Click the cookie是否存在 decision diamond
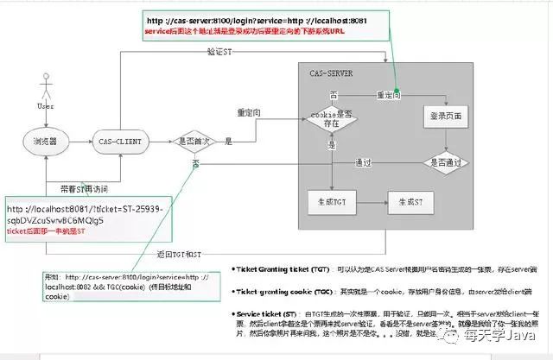click(x=332, y=118)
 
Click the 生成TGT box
click(x=332, y=202)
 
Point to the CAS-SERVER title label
click(x=331, y=74)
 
